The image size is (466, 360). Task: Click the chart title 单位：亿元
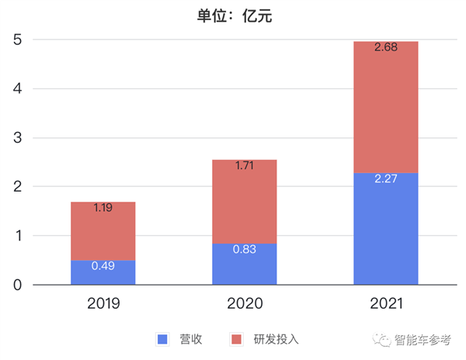coord(232,14)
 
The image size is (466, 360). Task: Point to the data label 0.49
coord(103,266)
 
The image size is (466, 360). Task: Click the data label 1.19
coord(103,208)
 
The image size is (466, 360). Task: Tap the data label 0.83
coord(245,250)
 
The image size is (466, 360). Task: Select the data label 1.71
coord(245,166)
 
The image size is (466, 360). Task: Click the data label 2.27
coord(386,179)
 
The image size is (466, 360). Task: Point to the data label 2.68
coord(386,47)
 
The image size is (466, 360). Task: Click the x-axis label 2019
coord(103,303)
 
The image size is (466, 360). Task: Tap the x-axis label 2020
coord(245,303)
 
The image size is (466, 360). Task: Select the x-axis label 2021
coord(386,303)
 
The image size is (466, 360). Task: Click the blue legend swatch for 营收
coord(162,339)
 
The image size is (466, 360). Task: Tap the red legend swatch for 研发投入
coord(237,339)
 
